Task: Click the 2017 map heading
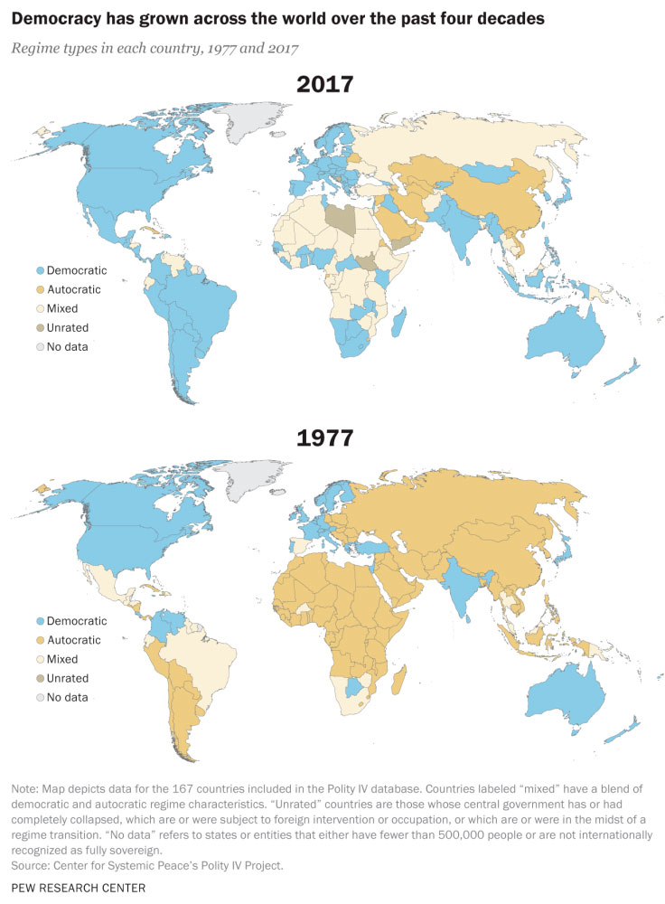325,85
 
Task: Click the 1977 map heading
325,438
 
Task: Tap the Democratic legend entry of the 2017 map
71,270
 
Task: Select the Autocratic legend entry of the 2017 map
68,289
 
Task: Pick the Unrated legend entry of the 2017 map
62,327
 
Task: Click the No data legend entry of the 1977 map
62,697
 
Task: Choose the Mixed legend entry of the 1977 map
57,659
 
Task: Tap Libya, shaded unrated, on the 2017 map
341,216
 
